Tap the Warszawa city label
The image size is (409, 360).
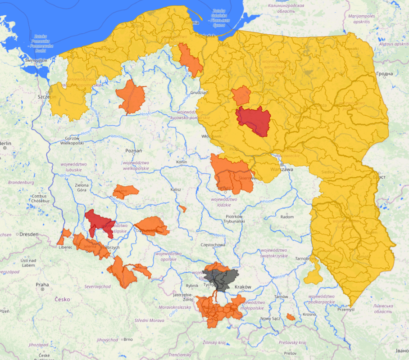point(282,170)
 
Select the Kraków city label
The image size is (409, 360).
point(243,287)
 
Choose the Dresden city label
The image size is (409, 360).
point(30,234)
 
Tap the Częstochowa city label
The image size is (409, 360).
point(213,245)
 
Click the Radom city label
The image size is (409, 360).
point(286,216)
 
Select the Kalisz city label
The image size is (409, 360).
point(175,189)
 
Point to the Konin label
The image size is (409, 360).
point(182,162)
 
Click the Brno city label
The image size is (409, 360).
point(128,339)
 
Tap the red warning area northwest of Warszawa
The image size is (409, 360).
point(253,119)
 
